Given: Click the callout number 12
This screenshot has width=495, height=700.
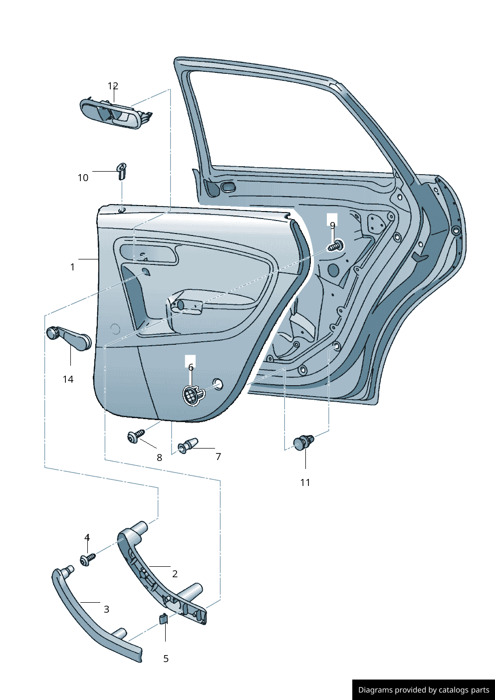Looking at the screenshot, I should coord(113,86).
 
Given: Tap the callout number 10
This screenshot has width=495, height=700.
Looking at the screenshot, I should coord(83,178).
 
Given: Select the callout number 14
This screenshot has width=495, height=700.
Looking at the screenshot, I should coord(68,379).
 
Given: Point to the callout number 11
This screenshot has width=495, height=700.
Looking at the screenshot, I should coord(305,482).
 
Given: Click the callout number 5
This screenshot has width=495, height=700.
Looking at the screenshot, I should coord(166,659).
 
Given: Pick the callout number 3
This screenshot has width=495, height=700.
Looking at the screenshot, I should coord(106,609).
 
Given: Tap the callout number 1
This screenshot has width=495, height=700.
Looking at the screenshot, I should coord(72,267).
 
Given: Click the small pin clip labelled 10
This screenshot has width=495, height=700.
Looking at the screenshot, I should coord(121,170).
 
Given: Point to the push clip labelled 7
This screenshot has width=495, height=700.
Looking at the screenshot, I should coord(188,445).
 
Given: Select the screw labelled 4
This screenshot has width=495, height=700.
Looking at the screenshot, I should coord(87,559).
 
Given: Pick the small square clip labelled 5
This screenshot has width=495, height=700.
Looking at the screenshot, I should coord(163,619).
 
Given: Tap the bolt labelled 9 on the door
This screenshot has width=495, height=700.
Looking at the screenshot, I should coord(336,246).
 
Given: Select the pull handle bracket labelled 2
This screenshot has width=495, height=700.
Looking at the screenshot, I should coord(160,579).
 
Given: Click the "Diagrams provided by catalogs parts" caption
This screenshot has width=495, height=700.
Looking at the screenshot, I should coord(424,690).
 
